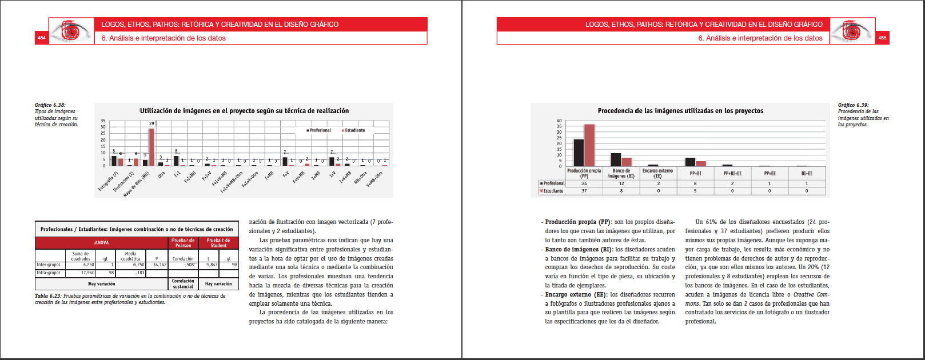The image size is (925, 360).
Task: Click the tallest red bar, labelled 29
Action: [151, 147]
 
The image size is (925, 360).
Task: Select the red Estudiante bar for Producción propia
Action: [589, 145]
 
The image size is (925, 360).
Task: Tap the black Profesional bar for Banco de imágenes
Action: [616, 159]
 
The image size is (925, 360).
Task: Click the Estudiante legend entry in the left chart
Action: [354, 130]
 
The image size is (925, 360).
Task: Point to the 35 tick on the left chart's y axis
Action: [103, 121]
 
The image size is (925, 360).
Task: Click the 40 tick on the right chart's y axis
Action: [559, 121]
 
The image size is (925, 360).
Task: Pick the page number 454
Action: [42, 38]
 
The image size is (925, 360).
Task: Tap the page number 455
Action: [882, 38]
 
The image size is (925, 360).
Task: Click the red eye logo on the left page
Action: [71, 31]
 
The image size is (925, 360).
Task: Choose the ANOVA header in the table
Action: [102, 243]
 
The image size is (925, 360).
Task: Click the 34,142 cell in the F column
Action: [160, 265]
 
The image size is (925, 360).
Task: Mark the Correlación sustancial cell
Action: [183, 284]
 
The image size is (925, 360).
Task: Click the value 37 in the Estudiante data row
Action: [584, 191]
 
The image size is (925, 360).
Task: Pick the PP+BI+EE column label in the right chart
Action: [732, 173]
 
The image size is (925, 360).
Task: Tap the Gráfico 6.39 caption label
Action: [853, 105]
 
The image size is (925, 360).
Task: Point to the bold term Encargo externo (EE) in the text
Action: [575, 295]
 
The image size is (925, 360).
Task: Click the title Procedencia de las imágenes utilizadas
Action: [680, 111]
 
